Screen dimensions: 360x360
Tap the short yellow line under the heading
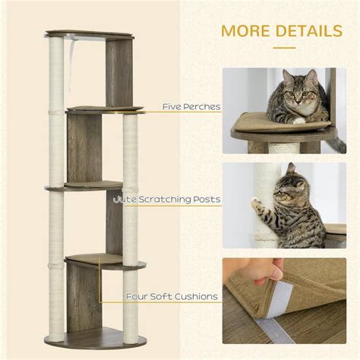[283, 47]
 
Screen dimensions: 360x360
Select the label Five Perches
[191, 107]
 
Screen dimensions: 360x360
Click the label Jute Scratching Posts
[166, 200]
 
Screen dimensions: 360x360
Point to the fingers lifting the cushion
[273, 267]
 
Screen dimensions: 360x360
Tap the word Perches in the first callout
[202, 107]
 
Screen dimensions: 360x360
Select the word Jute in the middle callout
[123, 200]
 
